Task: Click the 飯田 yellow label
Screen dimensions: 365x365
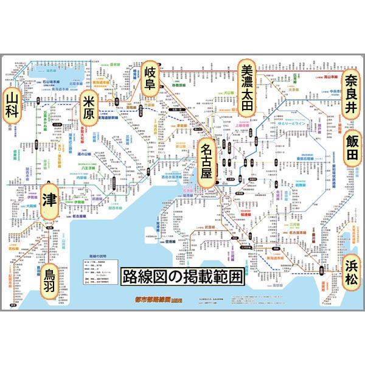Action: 351,148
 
